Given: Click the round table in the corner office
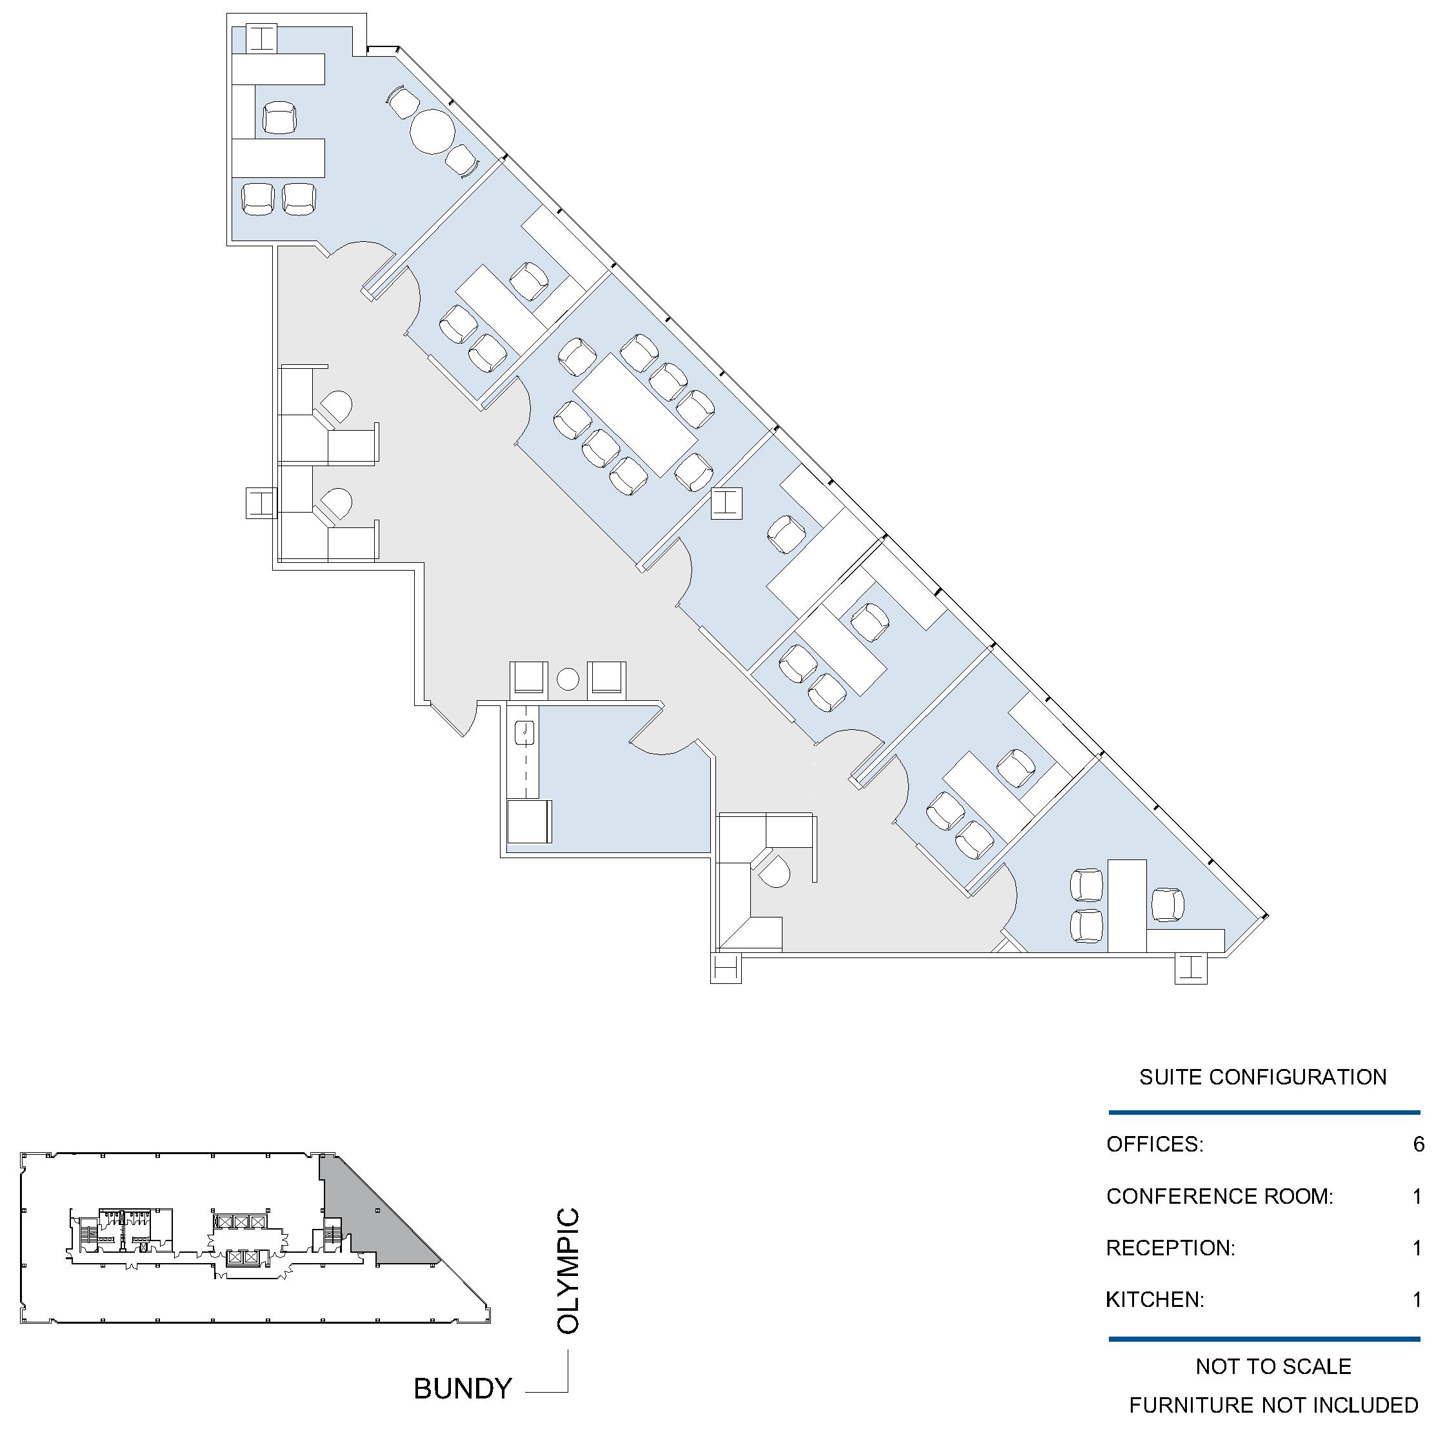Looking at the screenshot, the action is (x=432, y=132).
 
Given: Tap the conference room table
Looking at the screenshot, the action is (x=635, y=416).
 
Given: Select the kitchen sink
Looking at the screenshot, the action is (x=524, y=732).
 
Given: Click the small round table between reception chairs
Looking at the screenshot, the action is (x=568, y=680).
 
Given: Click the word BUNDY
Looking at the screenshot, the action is (x=463, y=1388).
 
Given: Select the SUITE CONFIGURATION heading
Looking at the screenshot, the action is (x=1263, y=1077).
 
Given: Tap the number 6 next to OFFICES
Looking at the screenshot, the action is (x=1419, y=1144).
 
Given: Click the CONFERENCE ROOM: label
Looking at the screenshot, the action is (x=1219, y=1196).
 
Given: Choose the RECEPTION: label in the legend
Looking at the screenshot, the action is (x=1171, y=1248).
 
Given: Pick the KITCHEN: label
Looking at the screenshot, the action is (x=1155, y=1299).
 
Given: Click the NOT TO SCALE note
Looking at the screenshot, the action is (x=1273, y=1366).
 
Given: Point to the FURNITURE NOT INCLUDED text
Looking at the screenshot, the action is (x=1273, y=1405).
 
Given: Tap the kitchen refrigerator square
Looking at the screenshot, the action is (x=528, y=821).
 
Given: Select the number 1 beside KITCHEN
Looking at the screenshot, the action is (x=1418, y=1299).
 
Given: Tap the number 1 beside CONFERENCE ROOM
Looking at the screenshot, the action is (x=1418, y=1196).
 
